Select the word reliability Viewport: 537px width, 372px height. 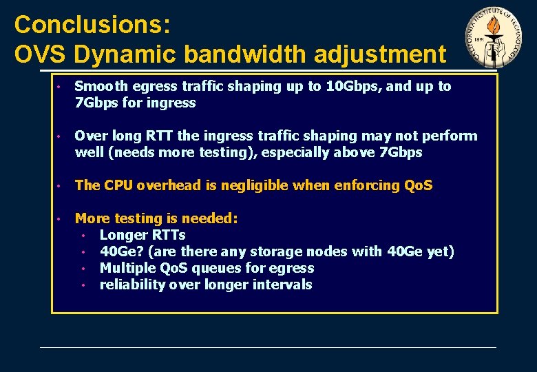point(129,285)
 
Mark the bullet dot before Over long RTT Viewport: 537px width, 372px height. point(61,136)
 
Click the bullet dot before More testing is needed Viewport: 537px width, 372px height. point(61,219)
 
